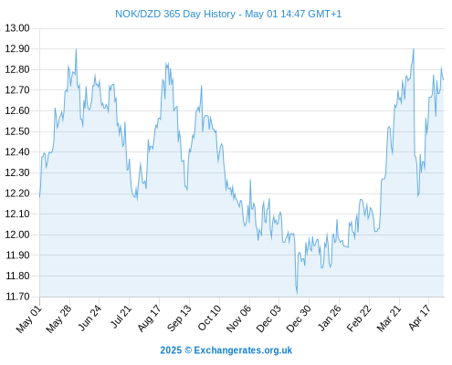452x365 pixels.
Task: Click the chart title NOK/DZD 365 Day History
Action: pos(175,14)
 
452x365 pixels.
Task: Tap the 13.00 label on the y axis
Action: pos(17,28)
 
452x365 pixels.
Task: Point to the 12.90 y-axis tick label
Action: pos(17,48)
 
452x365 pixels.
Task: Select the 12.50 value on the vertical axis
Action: pos(17,131)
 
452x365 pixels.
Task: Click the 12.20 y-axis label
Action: pos(17,193)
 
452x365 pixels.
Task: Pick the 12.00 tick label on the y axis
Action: pos(17,235)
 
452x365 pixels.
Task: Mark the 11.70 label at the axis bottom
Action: pos(18,297)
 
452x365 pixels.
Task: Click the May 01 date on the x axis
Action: pos(28,318)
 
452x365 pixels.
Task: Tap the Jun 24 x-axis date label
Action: pos(89,318)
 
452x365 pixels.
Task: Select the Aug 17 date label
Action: pos(149,318)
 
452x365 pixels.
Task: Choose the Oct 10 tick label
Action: pos(209,318)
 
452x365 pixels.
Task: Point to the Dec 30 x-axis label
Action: pos(299,318)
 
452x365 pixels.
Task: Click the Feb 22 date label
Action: pos(359,318)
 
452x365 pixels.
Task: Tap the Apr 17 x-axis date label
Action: pos(419,318)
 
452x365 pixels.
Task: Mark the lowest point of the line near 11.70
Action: pos(297,294)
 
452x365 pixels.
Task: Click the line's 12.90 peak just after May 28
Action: pos(76,49)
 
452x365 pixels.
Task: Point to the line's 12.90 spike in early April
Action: pos(414,48)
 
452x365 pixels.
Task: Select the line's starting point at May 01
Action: pos(39,197)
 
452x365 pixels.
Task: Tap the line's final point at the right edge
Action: pos(444,79)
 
